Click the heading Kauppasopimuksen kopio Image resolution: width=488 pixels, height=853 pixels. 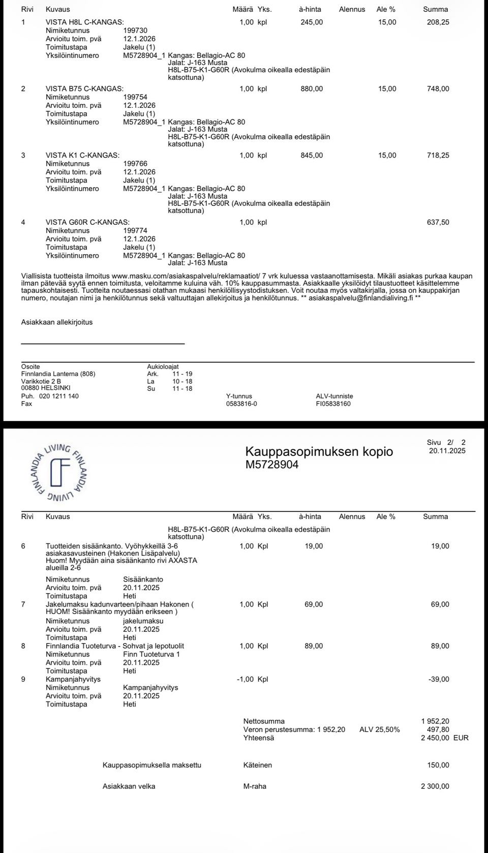[319, 451]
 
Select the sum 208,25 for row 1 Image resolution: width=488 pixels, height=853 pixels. [438, 22]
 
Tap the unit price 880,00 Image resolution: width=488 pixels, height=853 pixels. [312, 89]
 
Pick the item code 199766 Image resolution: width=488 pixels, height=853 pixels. [135, 164]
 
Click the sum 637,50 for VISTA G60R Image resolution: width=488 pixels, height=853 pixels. [438, 222]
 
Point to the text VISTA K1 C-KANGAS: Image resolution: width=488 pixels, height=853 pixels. [83, 156]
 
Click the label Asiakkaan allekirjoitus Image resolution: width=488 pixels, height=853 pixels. [57, 322]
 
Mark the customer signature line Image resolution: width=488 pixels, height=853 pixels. [103, 344]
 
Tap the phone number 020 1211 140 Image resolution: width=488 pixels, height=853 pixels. [58, 396]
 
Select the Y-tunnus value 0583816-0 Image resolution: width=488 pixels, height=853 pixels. [241, 404]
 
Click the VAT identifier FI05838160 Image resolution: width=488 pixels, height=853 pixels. [333, 404]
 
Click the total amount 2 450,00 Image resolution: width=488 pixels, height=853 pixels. [435, 738]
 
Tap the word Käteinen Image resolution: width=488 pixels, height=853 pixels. [258, 765]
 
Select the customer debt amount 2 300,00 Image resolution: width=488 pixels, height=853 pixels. [435, 786]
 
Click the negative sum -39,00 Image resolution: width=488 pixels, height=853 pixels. [439, 679]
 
